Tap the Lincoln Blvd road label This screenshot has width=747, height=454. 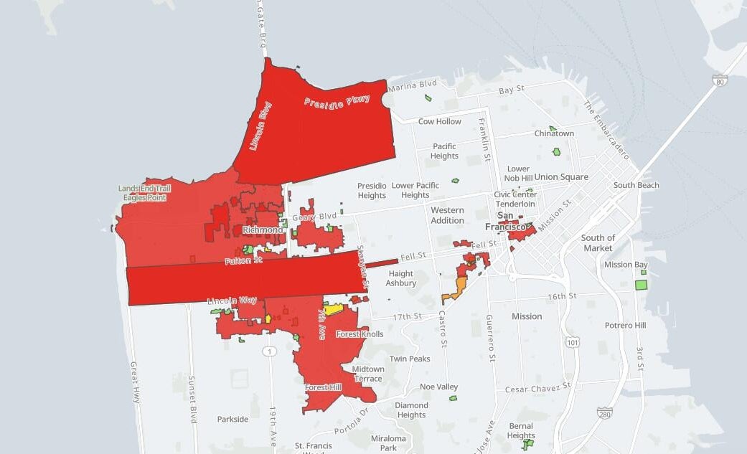(x=260, y=126)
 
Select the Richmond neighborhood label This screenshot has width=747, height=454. (x=262, y=230)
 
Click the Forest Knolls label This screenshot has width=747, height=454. (x=360, y=334)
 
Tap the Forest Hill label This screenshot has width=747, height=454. (x=323, y=387)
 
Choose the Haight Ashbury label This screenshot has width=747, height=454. (x=401, y=278)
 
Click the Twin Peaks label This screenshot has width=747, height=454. (x=410, y=359)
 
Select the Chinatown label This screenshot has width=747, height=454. (x=554, y=133)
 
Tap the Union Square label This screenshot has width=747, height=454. (x=561, y=177)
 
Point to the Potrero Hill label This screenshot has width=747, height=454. (x=625, y=326)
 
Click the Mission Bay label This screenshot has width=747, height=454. (x=626, y=265)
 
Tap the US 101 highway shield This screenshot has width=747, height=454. (x=572, y=342)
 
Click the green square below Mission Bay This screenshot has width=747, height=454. (x=641, y=285)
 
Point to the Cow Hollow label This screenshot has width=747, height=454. (x=440, y=121)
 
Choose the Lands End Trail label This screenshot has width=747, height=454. (x=145, y=189)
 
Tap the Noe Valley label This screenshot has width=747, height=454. (x=438, y=387)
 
